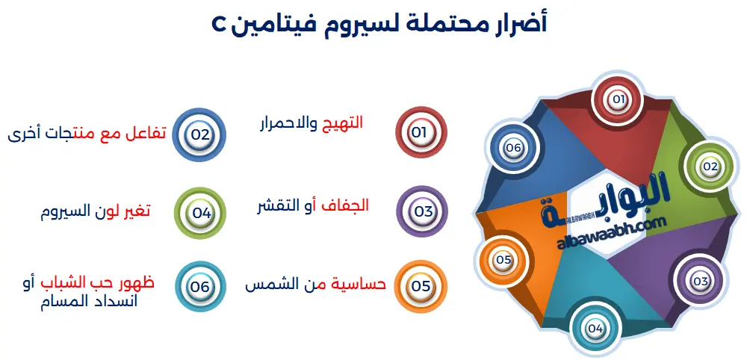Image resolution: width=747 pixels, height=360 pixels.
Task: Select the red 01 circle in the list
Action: [x=419, y=132]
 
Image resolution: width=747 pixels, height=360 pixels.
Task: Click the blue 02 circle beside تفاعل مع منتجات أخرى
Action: [x=199, y=134]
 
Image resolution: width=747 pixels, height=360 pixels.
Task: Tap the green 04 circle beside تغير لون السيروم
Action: [x=201, y=212]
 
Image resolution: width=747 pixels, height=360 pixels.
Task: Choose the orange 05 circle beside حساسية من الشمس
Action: [x=421, y=285]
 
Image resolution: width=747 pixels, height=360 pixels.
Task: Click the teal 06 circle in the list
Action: [x=200, y=286]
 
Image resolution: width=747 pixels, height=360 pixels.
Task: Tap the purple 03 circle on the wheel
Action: [x=700, y=281]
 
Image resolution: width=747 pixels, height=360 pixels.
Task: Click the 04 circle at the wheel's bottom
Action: [x=595, y=327]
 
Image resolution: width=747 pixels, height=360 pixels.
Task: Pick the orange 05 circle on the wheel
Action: [x=503, y=260]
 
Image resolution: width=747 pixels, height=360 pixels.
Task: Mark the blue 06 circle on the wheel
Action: [x=512, y=148]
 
